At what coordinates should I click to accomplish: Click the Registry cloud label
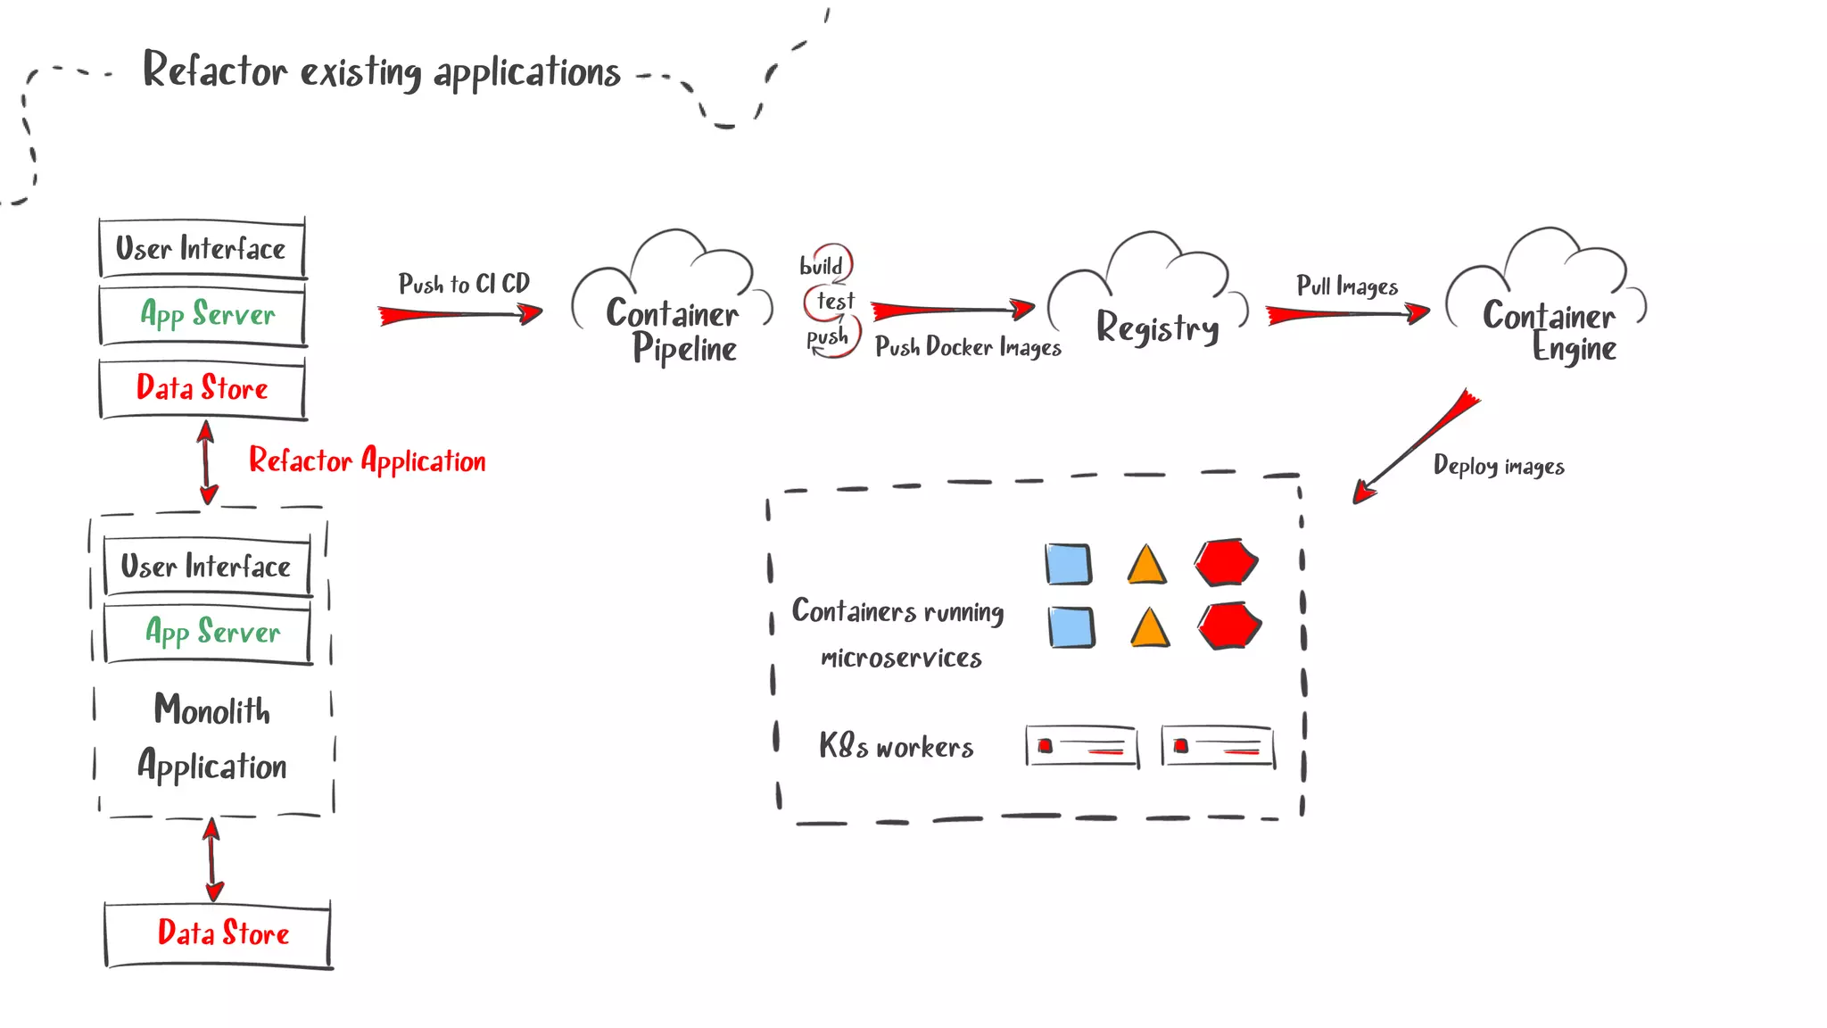(1156, 328)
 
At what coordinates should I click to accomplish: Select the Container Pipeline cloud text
(674, 330)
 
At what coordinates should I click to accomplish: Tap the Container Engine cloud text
(1550, 331)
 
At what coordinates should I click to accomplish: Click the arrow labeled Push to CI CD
(459, 314)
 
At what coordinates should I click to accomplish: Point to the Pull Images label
(1346, 286)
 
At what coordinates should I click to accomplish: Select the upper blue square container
(1068, 564)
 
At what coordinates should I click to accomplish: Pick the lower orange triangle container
(1149, 628)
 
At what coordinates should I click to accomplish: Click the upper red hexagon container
(1226, 562)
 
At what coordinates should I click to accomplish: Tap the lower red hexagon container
(1228, 626)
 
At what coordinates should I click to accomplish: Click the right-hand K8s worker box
(1218, 746)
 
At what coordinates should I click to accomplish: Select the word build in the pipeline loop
(821, 266)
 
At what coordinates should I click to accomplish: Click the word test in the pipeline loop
(835, 302)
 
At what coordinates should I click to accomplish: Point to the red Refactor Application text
(367, 460)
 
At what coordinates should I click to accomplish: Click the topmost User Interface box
(202, 248)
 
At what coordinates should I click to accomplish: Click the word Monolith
(211, 710)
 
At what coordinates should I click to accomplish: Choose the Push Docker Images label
(968, 347)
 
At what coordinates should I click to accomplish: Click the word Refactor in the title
(215, 70)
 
